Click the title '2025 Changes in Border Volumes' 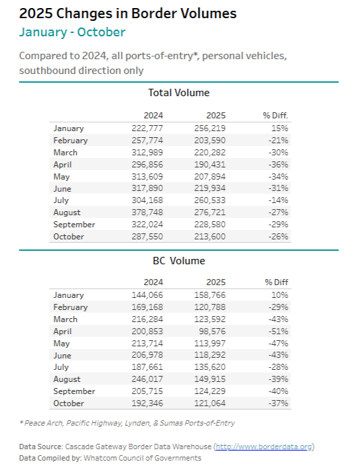128,13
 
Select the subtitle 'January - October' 72,32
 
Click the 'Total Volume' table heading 178,93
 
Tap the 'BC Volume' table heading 178,260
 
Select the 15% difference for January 281,128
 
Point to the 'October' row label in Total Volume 69,237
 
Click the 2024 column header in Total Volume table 153,115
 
